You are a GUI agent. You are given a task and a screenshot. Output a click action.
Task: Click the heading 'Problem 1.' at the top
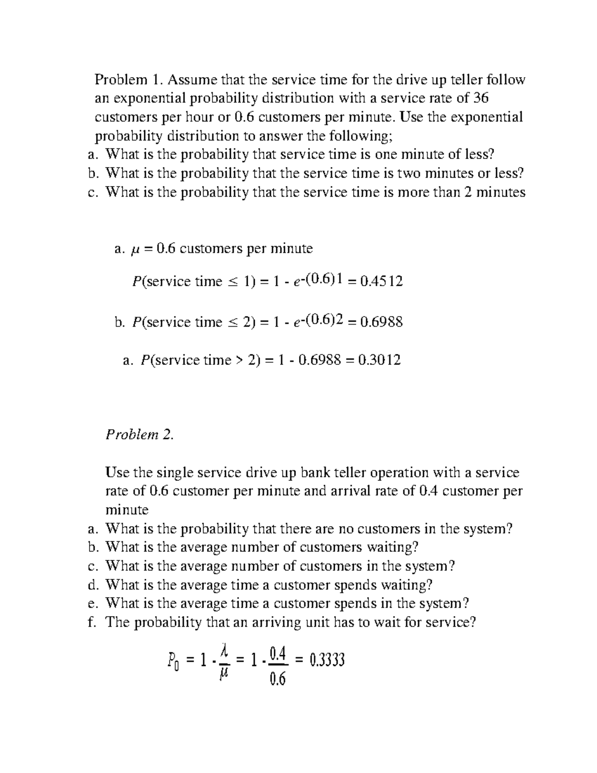(128, 80)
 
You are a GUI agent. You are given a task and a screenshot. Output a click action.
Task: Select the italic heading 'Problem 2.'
(140, 435)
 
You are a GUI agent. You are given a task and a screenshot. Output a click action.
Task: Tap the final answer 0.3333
(327, 661)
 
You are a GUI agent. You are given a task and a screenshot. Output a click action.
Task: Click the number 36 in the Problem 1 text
(481, 98)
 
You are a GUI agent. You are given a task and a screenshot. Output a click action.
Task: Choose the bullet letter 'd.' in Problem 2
(92, 585)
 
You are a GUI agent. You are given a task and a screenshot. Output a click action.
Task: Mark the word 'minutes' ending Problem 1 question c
(500, 192)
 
